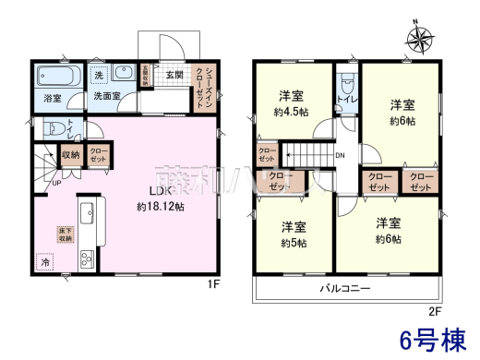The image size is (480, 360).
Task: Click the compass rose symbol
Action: [421, 39]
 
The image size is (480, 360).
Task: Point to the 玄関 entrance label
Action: [174, 75]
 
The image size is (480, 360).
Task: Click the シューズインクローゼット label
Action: [210, 89]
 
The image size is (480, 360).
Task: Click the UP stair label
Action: [56, 184]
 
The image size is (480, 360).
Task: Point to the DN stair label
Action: [340, 155]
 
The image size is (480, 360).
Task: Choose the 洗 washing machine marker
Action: [98, 74]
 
